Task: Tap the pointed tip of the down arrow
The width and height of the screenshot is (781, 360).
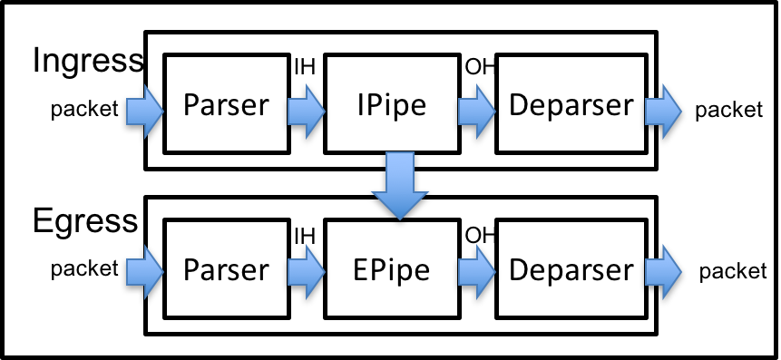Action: coord(400,217)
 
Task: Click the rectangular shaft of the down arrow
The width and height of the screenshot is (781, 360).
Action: coord(400,170)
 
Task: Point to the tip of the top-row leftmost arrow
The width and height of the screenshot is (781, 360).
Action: coord(161,112)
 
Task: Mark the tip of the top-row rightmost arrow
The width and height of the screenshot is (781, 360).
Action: coord(679,112)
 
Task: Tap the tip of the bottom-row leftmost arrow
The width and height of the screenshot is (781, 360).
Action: coord(161,272)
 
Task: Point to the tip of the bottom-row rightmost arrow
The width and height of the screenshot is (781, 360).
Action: coord(679,272)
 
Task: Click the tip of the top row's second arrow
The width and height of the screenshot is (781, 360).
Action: coord(323,112)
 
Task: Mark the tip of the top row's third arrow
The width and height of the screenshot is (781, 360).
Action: coord(493,112)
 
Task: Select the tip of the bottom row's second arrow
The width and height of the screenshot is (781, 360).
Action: coord(323,272)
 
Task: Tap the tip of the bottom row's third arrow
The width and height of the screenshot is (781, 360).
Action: coord(493,272)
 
